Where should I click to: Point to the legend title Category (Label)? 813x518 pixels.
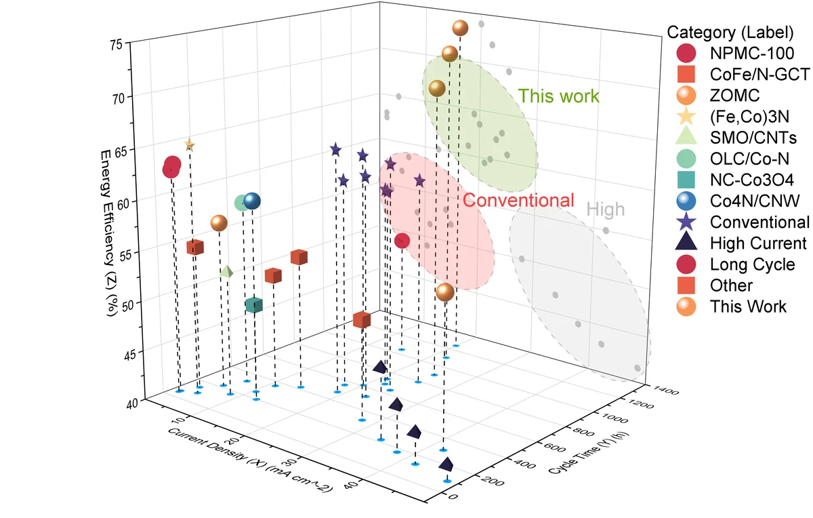pyautogui.click(x=730, y=32)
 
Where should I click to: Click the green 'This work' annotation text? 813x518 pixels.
pyautogui.click(x=558, y=96)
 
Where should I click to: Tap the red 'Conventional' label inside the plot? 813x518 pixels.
pyautogui.click(x=518, y=200)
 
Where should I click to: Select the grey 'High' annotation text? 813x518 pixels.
pyautogui.click(x=605, y=210)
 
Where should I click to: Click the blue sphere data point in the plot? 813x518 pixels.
pyautogui.click(x=252, y=201)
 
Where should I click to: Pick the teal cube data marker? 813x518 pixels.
pyautogui.click(x=254, y=305)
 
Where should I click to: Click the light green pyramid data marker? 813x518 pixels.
pyautogui.click(x=227, y=271)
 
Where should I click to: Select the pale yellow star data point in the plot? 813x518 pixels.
pyautogui.click(x=189, y=144)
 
